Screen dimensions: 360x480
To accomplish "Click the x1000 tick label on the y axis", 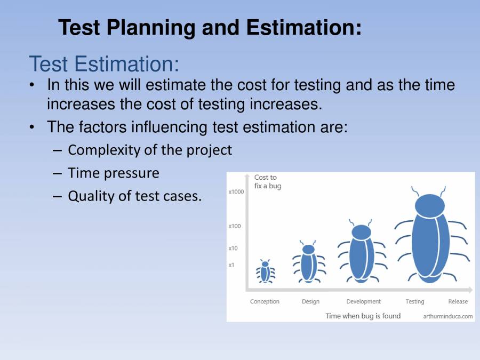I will click(x=236, y=192).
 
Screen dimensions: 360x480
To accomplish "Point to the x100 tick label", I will click(x=235, y=226).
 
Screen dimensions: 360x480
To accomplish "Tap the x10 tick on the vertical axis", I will click(x=233, y=249).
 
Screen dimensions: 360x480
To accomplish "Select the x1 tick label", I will click(x=232, y=265).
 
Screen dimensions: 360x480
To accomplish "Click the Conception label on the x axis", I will click(x=265, y=302).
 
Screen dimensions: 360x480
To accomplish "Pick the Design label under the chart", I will click(x=310, y=302).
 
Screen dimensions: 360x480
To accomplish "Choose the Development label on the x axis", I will click(x=363, y=302).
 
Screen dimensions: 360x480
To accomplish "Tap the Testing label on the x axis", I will click(x=414, y=302).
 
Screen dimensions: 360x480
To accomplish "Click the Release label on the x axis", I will click(x=458, y=302).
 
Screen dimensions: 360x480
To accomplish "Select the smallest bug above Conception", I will click(x=265, y=271).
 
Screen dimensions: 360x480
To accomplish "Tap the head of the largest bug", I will click(x=429, y=205).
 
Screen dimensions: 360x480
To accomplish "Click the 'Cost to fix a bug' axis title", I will click(x=267, y=182).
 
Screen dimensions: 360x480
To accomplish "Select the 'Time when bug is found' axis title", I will click(x=363, y=316).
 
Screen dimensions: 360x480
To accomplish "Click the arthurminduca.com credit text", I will click(x=447, y=316).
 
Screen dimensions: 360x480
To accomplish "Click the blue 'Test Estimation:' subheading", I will click(x=104, y=64).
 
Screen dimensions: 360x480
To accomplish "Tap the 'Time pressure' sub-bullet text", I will click(x=113, y=173).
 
